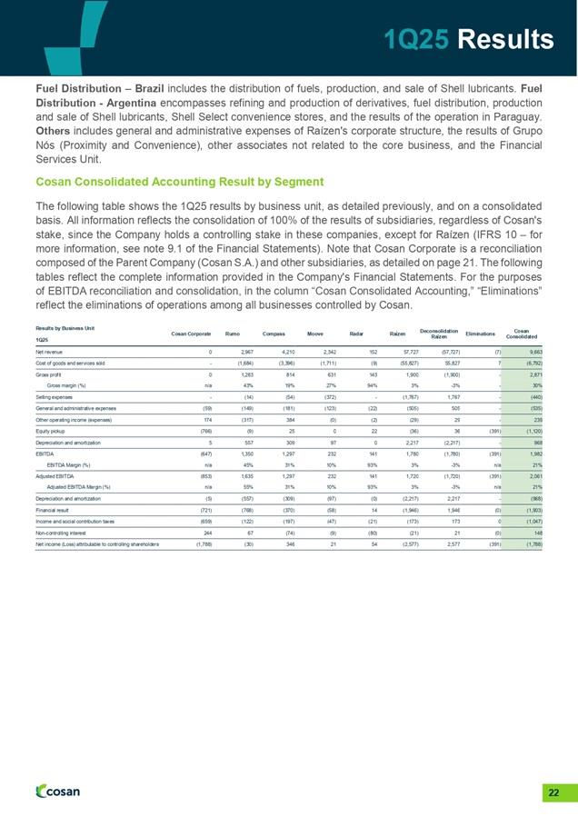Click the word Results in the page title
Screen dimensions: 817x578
click(506, 39)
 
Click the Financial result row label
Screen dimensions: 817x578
click(54, 511)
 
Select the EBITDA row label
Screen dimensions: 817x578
click(45, 453)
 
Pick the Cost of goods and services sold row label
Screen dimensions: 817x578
click(75, 363)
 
